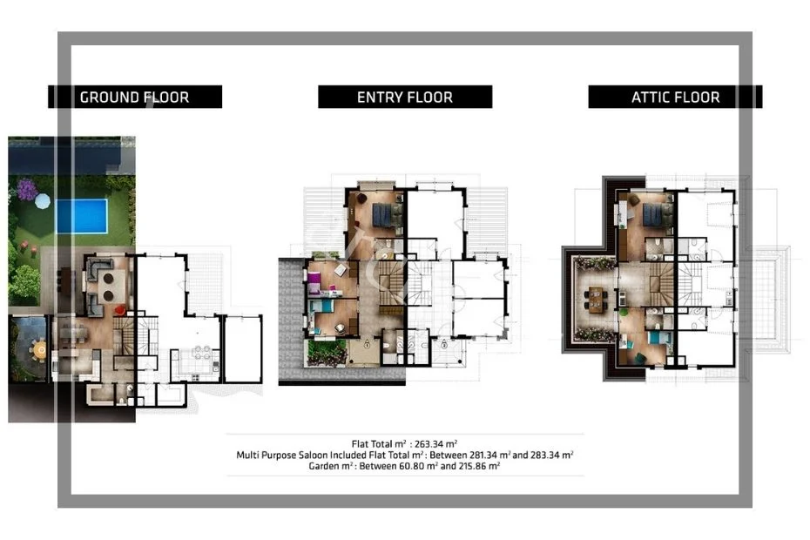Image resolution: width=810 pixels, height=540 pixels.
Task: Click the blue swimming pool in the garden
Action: click(82, 216)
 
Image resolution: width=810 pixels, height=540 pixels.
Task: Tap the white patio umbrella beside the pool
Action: click(43, 201)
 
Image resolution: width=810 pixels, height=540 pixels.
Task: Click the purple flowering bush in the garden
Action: click(27, 189)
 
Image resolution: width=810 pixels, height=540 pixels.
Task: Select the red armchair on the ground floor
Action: click(120, 310)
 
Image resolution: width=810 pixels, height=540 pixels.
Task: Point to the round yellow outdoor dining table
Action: click(40, 349)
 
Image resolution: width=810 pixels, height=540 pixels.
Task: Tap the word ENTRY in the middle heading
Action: click(380, 98)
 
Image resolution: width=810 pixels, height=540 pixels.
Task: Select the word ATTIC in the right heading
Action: click(651, 98)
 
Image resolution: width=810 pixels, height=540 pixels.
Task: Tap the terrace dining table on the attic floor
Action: click(597, 300)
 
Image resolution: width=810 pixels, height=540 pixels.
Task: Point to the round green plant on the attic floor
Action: click(624, 312)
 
